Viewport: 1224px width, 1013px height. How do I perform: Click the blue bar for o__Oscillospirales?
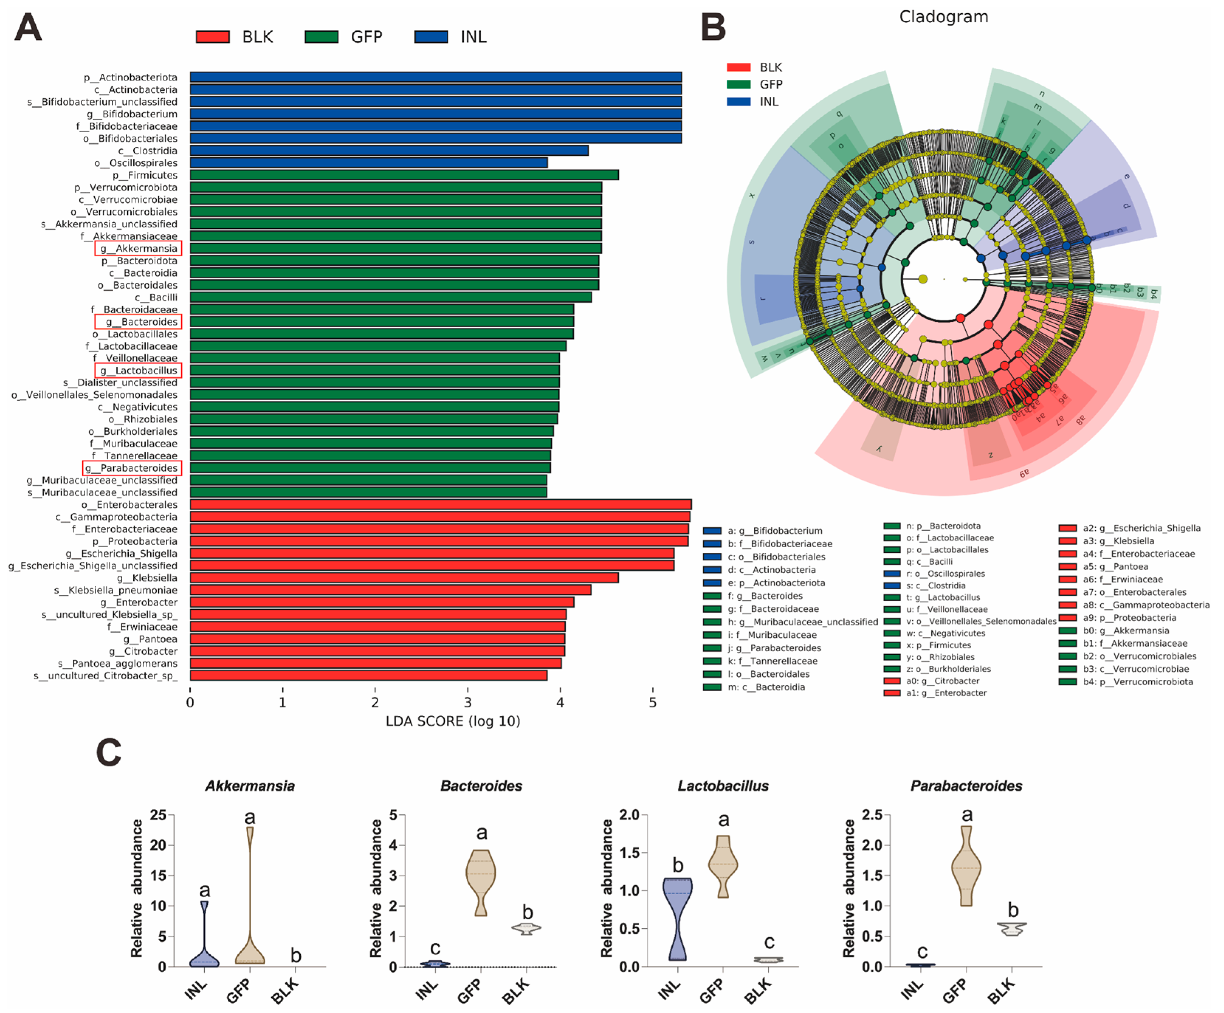coord(368,163)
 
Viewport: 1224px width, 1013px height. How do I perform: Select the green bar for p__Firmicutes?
coord(404,175)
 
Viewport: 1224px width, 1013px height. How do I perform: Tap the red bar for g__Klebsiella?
coord(404,578)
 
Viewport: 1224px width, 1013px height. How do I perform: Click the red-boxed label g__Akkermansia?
coord(138,248)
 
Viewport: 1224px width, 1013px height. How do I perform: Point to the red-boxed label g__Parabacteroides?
coord(132,468)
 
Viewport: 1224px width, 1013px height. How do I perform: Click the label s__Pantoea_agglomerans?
coord(117,663)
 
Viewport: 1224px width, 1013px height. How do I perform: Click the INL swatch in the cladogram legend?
coord(738,101)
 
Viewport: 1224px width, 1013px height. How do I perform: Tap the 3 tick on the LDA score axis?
coord(468,702)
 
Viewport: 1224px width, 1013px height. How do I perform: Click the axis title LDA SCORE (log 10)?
coord(453,721)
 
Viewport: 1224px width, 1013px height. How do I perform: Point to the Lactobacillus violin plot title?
coord(723,786)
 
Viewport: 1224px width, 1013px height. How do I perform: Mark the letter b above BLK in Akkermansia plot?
coord(296,956)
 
